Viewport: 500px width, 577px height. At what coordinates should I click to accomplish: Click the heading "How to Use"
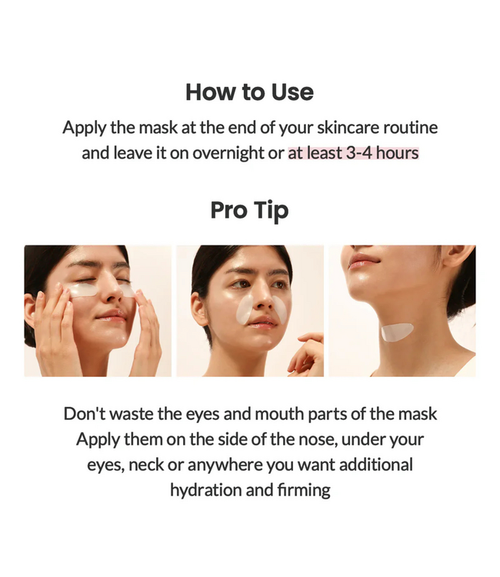tap(249, 92)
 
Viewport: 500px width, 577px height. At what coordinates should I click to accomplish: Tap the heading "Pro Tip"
tap(249, 211)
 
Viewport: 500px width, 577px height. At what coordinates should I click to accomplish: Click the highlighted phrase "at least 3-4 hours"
tap(353, 152)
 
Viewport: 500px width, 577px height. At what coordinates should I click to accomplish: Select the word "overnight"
tap(228, 152)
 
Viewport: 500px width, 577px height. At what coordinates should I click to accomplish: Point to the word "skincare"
tap(340, 127)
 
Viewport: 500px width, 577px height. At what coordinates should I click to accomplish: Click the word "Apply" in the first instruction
tap(84, 127)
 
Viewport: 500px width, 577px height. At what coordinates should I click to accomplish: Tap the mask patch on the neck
tap(397, 332)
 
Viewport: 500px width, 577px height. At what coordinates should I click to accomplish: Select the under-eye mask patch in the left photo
tap(83, 291)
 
